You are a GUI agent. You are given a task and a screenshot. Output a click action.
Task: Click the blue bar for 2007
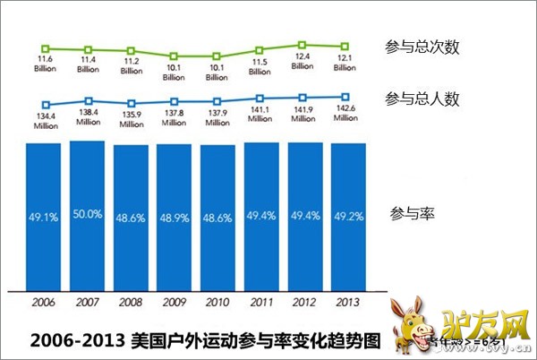click(x=88, y=216)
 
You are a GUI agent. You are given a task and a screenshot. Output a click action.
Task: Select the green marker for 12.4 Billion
click(x=303, y=44)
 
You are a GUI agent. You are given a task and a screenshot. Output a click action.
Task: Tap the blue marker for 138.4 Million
click(x=88, y=101)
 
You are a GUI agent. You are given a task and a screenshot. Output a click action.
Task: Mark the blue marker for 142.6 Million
click(x=345, y=97)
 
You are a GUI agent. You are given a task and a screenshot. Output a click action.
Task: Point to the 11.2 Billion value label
click(x=131, y=64)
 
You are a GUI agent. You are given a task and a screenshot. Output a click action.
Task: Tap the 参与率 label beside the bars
click(x=413, y=215)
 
